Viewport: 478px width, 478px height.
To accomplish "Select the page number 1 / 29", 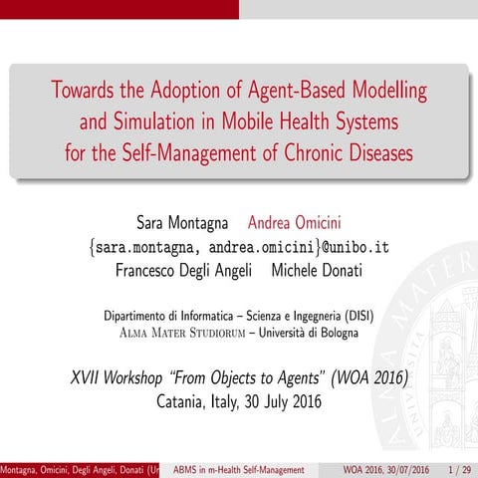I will point(459,469).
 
